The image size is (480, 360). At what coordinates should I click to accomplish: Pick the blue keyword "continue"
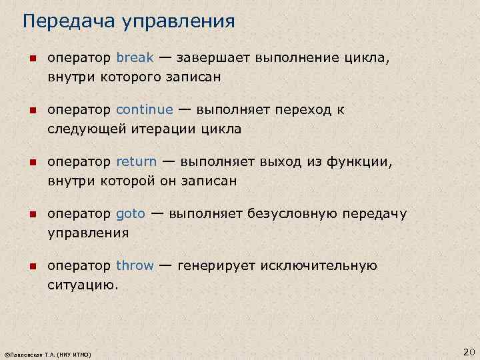pyautogui.click(x=144, y=109)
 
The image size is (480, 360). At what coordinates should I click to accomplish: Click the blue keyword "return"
pyautogui.click(x=136, y=161)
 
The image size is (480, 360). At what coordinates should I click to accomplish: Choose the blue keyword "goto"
pyautogui.click(x=130, y=214)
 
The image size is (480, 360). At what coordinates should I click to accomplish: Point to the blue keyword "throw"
pyautogui.click(x=135, y=266)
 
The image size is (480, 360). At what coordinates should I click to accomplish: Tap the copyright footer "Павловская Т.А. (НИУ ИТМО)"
pyautogui.click(x=47, y=353)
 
